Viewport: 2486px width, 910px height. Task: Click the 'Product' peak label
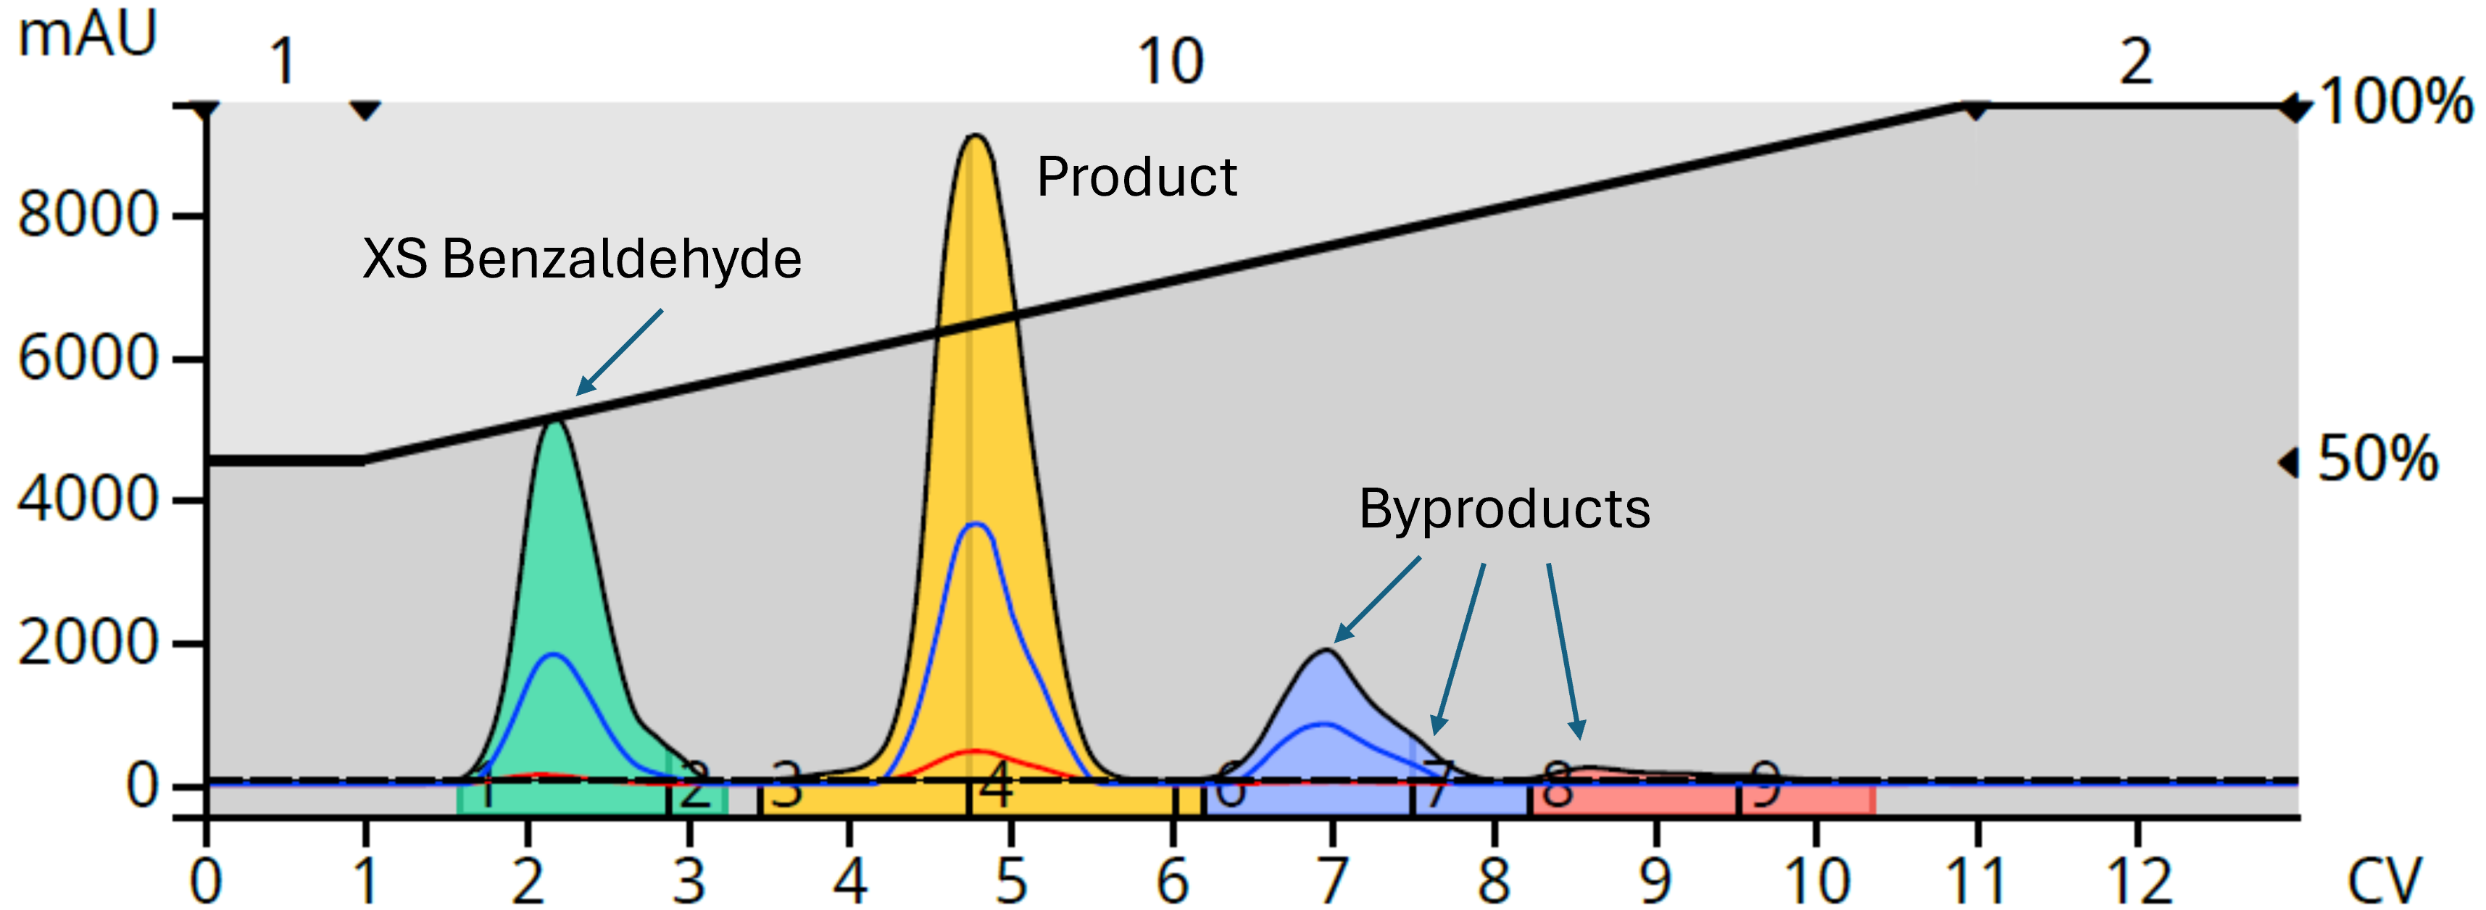(1136, 178)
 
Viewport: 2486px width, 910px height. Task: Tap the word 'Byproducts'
(1504, 509)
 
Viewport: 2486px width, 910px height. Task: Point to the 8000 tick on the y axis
(87, 214)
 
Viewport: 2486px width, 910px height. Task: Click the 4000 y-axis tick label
(87, 500)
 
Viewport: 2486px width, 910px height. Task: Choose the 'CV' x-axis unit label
(2384, 880)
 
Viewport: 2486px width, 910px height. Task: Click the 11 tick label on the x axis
(1976, 880)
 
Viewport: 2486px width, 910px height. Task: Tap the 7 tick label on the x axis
(1332, 880)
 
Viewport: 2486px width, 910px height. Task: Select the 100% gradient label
(2395, 101)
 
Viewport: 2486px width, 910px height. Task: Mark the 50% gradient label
(2378, 459)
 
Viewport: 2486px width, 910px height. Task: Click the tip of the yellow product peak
(976, 137)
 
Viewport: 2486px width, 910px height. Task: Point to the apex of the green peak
(556, 422)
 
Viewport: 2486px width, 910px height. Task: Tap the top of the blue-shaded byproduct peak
(1328, 651)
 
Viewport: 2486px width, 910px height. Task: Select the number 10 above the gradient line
(1171, 63)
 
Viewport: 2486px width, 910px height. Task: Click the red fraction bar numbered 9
(1807, 799)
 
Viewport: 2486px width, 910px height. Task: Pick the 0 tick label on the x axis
(206, 880)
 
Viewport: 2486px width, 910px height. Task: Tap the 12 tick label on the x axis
(2139, 880)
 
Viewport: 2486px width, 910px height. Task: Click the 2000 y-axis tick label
(87, 643)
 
